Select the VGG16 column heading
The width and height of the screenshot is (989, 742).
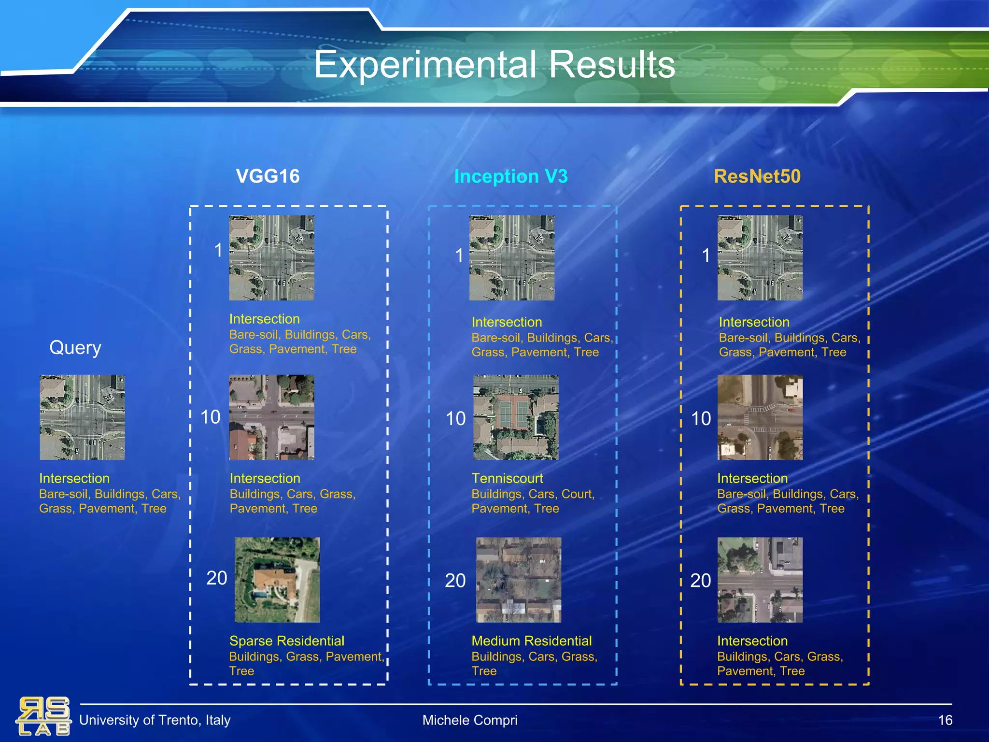[268, 176]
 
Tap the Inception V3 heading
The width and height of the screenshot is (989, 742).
[511, 176]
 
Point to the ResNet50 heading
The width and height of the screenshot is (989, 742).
[757, 176]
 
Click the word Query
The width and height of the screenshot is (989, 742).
[75, 348]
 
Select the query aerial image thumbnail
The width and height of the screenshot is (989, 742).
[82, 417]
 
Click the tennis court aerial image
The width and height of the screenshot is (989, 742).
[516, 417]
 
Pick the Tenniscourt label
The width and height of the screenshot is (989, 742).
[507, 478]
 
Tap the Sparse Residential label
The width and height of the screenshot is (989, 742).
[286, 641]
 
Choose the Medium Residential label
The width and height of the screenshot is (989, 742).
[531, 641]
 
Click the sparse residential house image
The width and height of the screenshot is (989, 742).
[277, 580]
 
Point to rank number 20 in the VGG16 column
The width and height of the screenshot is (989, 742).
[216, 578]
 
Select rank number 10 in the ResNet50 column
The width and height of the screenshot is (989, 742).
[701, 419]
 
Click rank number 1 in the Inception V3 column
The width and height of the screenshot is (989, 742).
[459, 256]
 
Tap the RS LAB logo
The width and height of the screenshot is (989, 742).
[43, 716]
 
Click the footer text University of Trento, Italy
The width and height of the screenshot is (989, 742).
[155, 720]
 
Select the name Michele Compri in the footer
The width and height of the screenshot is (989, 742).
[469, 720]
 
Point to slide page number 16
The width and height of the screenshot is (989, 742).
[945, 720]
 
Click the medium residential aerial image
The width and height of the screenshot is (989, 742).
[519, 580]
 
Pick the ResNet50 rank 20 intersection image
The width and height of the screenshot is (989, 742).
[760, 580]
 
